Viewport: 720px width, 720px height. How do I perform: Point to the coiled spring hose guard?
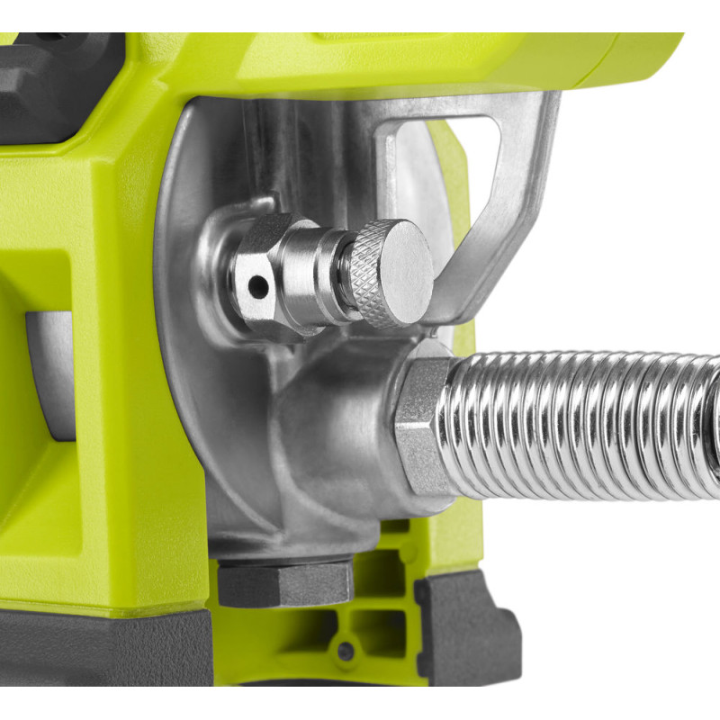[x=585, y=423]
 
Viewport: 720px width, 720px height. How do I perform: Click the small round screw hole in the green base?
[x=346, y=651]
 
